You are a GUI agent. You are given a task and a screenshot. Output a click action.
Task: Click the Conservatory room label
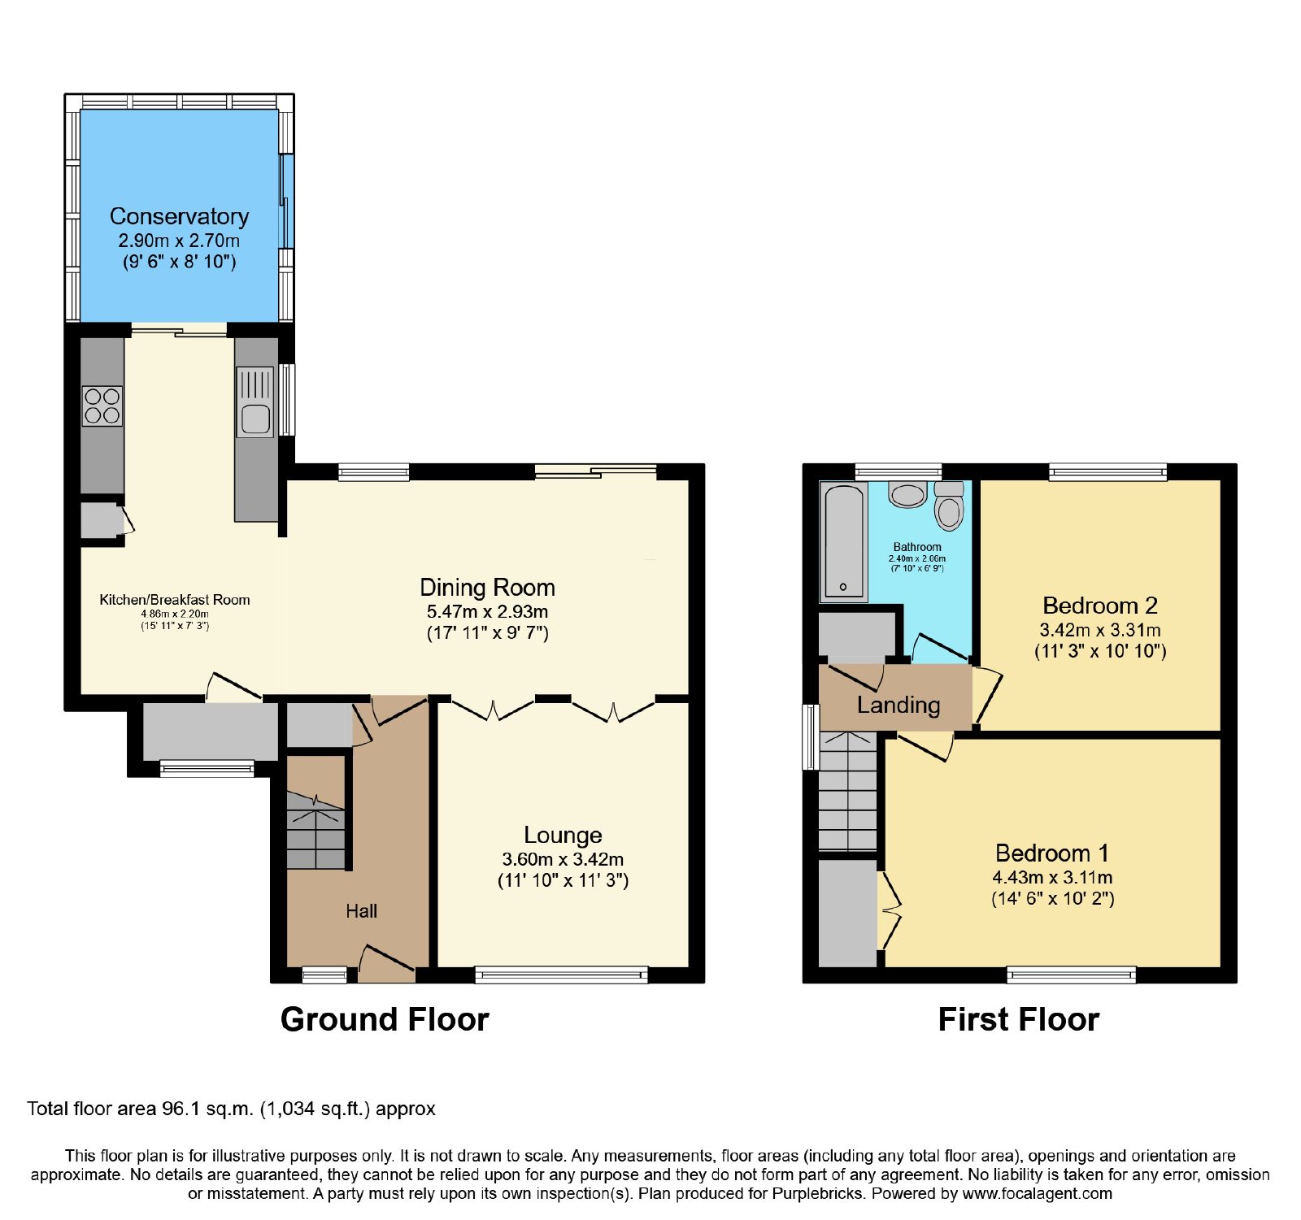click(x=179, y=216)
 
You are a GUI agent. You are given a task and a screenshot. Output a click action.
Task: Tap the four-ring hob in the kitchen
click(x=102, y=406)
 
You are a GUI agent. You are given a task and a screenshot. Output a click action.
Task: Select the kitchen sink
click(x=255, y=402)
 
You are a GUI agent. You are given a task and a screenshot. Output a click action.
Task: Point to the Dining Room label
click(x=487, y=587)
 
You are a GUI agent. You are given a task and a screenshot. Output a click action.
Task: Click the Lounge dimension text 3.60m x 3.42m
click(x=563, y=859)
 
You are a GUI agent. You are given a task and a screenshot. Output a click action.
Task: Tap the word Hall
click(x=361, y=911)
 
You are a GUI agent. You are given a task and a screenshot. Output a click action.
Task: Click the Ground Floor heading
click(x=385, y=1019)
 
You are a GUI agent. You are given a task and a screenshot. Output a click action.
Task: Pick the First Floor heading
click(x=1019, y=1019)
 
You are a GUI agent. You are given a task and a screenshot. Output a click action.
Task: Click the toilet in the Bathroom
click(x=949, y=506)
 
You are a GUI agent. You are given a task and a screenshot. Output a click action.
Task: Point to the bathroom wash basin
click(x=907, y=494)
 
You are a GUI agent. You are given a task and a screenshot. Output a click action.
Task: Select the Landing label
click(x=899, y=705)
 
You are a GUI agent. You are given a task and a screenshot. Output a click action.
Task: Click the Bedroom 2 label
click(x=1100, y=606)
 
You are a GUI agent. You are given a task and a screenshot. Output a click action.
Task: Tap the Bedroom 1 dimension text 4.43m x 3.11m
click(x=1052, y=878)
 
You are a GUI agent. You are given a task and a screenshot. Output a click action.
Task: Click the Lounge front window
click(x=562, y=975)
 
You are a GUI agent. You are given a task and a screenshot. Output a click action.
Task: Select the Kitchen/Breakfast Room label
click(x=175, y=600)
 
